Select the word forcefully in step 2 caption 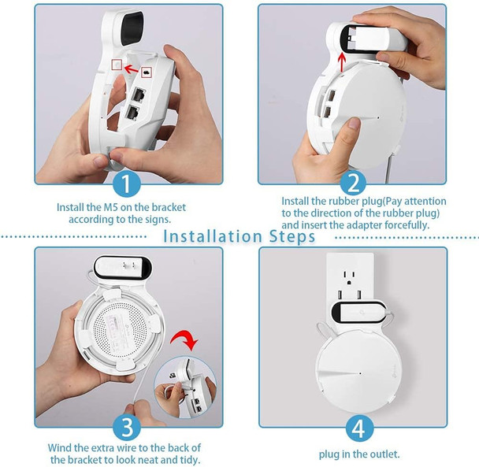(x=405, y=225)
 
